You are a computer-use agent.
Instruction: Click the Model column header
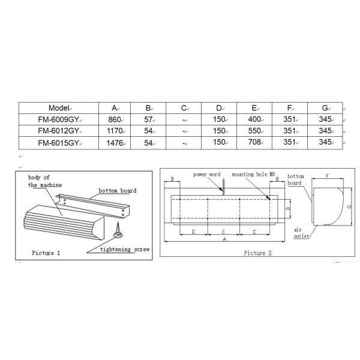point(59,108)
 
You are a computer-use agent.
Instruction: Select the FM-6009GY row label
point(59,119)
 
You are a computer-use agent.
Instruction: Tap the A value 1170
point(115,131)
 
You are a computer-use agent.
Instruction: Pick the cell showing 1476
point(115,143)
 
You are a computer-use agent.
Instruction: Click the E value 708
point(254,142)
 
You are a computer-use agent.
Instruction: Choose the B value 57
point(148,119)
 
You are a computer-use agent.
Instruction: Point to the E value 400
point(254,119)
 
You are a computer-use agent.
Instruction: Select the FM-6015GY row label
point(59,143)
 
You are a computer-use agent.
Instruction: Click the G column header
point(325,107)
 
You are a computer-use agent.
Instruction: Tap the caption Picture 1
point(46,253)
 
